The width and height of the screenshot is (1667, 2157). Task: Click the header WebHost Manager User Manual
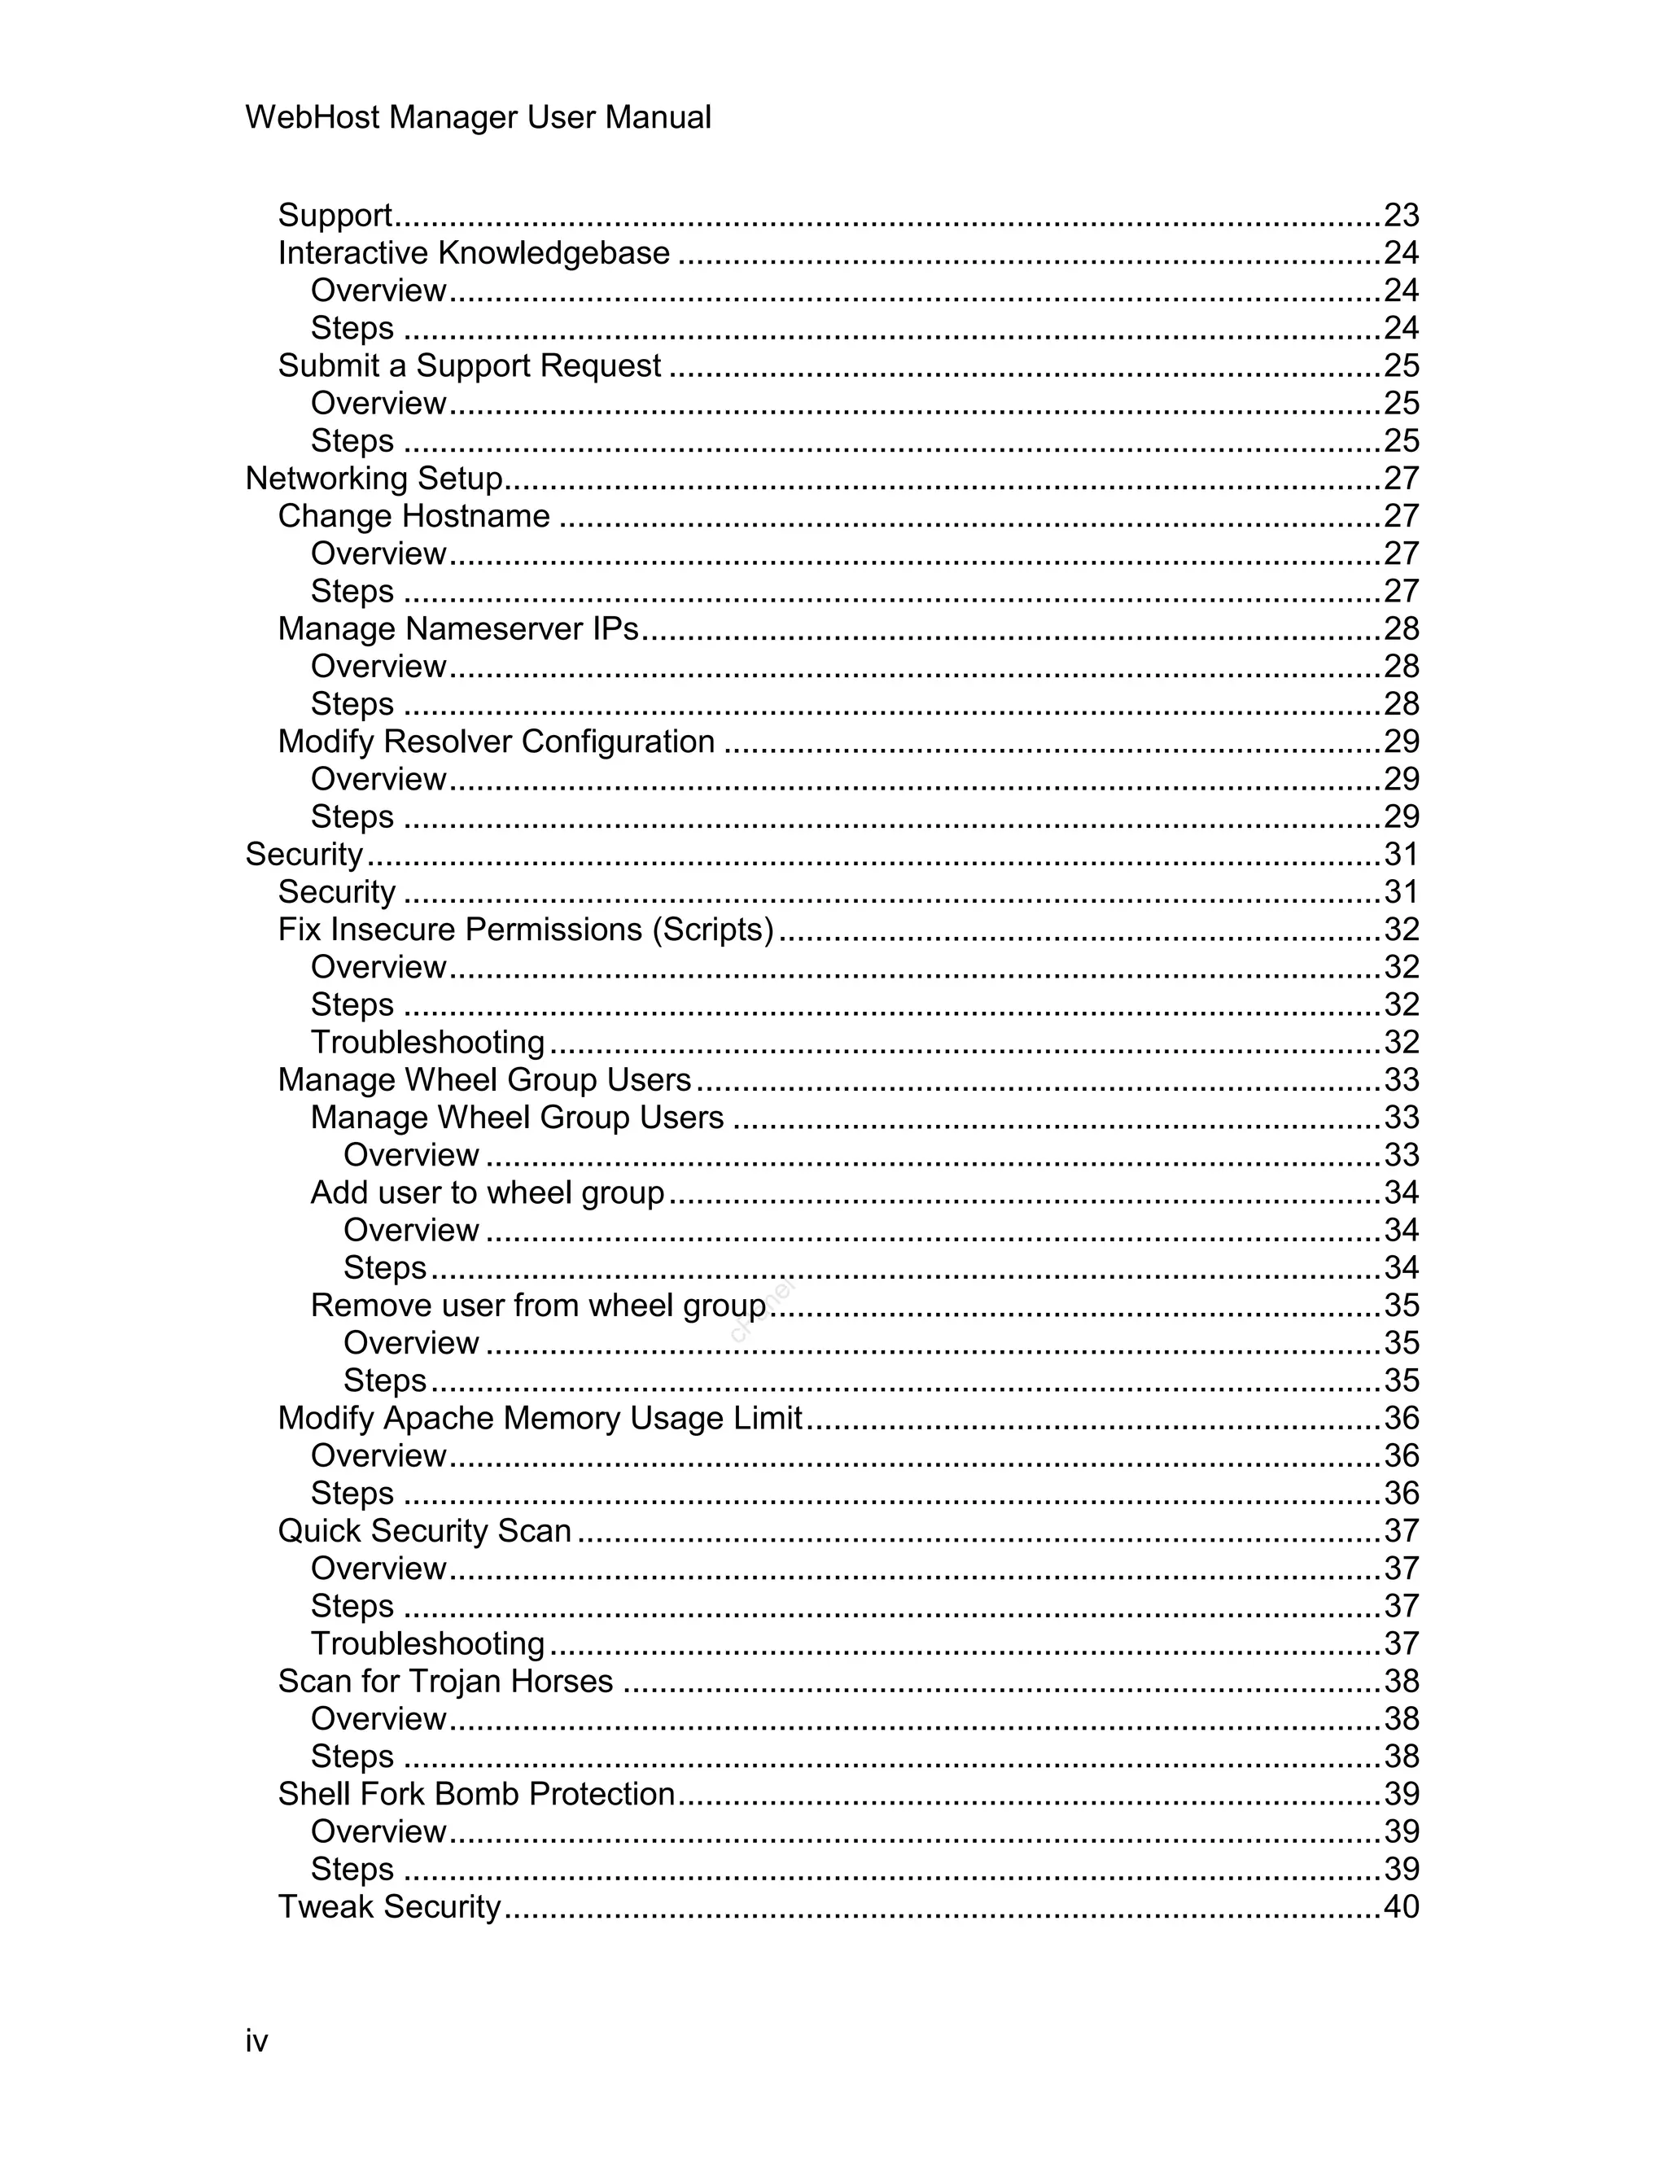coord(478,117)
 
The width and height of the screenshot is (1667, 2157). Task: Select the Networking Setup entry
coord(374,478)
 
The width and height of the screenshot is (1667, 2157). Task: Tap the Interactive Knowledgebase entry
coord(473,253)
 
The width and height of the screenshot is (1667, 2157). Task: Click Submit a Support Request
coord(469,365)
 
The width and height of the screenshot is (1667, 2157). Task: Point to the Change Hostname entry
coord(413,515)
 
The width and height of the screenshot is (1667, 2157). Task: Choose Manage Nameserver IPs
coord(458,628)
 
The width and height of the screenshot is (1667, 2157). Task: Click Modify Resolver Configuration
coord(496,741)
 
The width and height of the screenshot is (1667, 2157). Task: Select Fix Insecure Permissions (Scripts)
coord(525,930)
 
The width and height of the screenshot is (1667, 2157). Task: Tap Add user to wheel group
coord(487,1192)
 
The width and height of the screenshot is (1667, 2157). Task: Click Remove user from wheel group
coord(538,1305)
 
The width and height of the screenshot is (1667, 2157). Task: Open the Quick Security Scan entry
coord(425,1530)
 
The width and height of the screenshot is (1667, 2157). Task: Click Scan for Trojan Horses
coord(445,1680)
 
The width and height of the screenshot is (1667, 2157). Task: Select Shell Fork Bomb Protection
coord(476,1792)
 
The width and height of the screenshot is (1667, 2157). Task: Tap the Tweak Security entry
coord(389,1905)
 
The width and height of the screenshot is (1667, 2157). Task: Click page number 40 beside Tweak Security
coord(1400,1905)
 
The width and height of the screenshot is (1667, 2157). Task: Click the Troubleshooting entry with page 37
coord(427,1643)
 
